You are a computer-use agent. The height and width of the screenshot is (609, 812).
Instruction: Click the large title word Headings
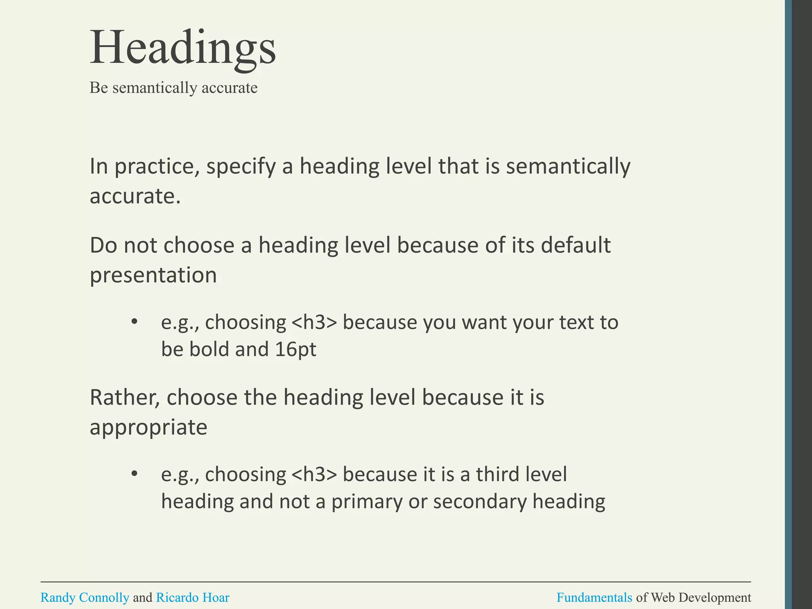[183, 48]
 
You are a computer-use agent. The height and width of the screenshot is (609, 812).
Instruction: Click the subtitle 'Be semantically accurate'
[173, 88]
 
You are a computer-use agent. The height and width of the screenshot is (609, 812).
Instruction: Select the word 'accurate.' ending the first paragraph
[135, 196]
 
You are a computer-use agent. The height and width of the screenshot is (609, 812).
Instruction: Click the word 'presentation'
[153, 275]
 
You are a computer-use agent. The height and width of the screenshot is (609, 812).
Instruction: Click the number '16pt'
[295, 349]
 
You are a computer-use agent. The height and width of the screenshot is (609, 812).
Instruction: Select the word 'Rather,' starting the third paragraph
[124, 397]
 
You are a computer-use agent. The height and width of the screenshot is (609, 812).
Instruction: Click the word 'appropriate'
[148, 427]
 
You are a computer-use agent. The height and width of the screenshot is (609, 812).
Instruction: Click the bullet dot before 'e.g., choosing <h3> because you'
[134, 322]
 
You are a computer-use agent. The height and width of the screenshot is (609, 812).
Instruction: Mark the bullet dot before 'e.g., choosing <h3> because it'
[134, 474]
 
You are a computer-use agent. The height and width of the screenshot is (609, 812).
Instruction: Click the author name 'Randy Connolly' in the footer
[85, 597]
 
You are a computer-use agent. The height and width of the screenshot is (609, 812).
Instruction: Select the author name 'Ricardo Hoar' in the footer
[193, 597]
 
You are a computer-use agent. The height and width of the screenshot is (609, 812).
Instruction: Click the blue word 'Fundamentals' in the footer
[594, 597]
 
